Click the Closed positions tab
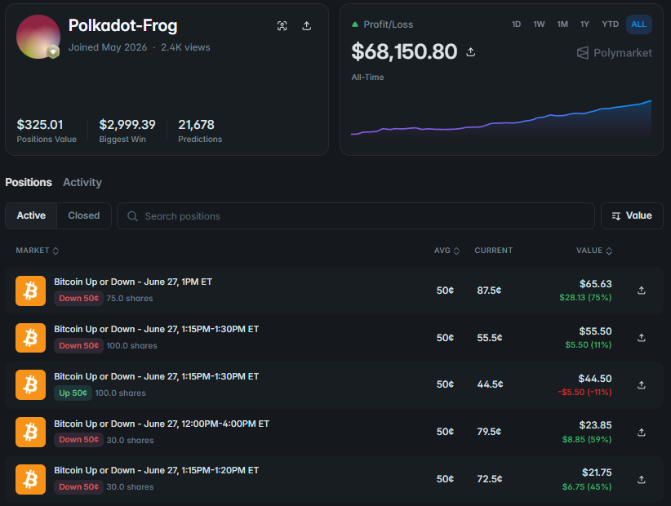[84, 215]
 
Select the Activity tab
[82, 182]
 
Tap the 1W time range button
[539, 24]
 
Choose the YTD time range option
[611, 24]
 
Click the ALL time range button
[639, 24]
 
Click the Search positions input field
[356, 216]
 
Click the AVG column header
[447, 251]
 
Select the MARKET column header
[38, 251]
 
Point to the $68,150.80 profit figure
[404, 51]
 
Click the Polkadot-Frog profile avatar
[38, 37]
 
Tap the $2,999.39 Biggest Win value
[127, 125]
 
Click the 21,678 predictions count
[197, 125]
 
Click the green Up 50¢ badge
[73, 393]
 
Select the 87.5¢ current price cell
[489, 291]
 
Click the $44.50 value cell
[595, 379]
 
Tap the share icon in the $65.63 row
[642, 291]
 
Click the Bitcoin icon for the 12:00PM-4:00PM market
[30, 432]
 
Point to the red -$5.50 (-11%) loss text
[584, 393]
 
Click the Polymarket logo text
[623, 53]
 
